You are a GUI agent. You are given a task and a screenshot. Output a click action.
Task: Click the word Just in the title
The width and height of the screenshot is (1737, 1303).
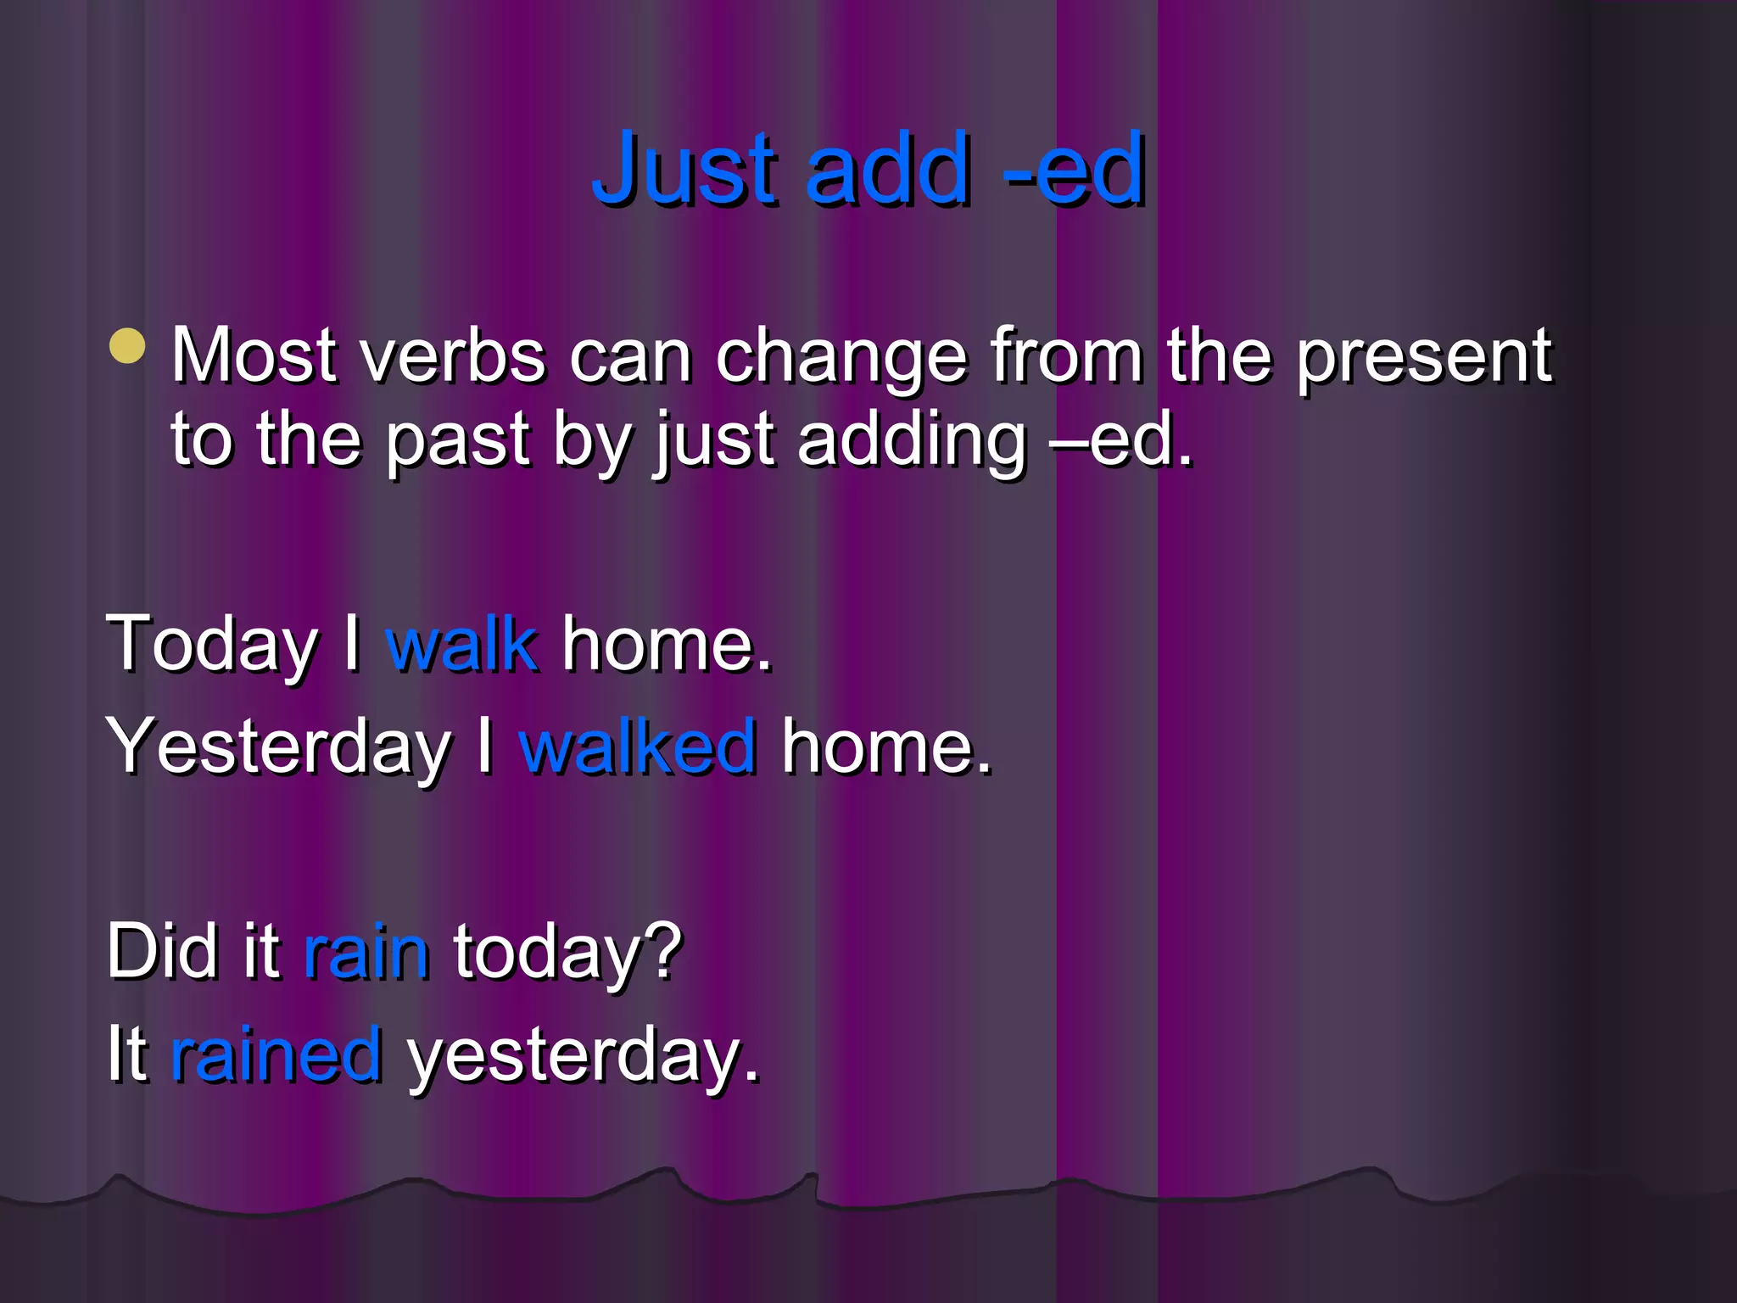[x=684, y=169]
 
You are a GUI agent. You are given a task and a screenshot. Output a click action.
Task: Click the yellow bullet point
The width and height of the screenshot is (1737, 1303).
[x=128, y=345]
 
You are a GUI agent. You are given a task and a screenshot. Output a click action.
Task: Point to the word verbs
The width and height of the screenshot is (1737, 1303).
[x=453, y=356]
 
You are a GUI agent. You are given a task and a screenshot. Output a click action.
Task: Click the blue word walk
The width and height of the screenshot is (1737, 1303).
[x=461, y=645]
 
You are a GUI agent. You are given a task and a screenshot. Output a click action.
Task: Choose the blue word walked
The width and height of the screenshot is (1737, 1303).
[x=637, y=747]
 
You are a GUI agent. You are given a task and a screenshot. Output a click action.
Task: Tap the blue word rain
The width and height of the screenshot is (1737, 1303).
[x=366, y=952]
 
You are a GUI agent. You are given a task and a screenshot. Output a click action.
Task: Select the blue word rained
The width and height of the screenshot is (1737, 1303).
[x=276, y=1054]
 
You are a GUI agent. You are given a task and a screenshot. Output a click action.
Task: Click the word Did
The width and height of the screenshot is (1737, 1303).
[x=162, y=952]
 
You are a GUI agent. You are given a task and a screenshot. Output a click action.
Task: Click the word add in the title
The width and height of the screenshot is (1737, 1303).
[x=887, y=169]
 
